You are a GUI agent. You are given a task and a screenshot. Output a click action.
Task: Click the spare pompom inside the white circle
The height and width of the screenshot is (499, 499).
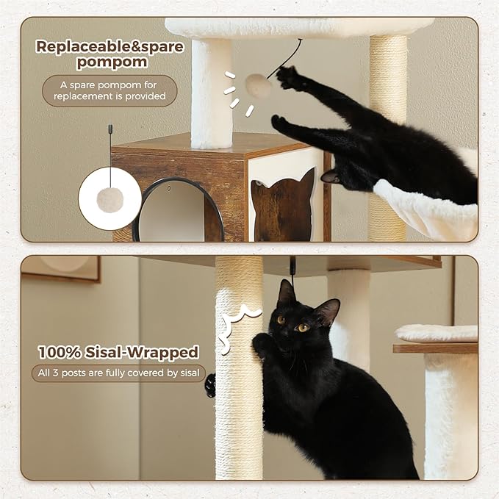[x=110, y=199]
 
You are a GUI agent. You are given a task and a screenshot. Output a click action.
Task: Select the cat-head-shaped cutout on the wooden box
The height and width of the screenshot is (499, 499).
[x=284, y=209]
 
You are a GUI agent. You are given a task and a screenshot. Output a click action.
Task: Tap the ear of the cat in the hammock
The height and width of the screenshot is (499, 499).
[x=330, y=176]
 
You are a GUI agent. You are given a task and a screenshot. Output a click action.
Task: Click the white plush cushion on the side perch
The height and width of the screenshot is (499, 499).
[x=437, y=333]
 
